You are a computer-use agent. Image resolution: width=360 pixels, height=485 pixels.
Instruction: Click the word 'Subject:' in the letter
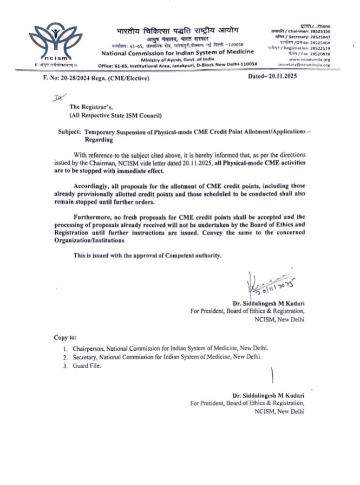[70, 132]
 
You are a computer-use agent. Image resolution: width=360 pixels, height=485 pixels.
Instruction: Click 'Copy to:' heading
[65, 337]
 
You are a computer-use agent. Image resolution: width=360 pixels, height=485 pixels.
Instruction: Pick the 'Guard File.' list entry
[86, 366]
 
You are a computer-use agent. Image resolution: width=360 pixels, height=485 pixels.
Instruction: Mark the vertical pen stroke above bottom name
[272, 376]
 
